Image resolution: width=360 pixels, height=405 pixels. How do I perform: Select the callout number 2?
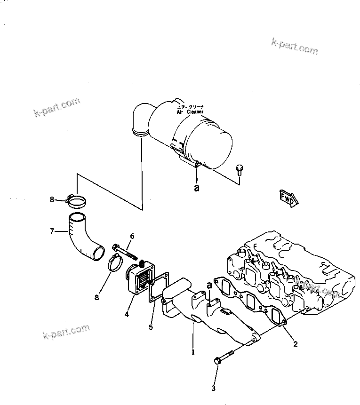pyautogui.click(x=295, y=344)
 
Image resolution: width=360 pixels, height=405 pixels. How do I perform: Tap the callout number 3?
pyautogui.click(x=213, y=388)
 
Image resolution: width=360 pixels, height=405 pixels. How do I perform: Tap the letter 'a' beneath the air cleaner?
pyautogui.click(x=197, y=188)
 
